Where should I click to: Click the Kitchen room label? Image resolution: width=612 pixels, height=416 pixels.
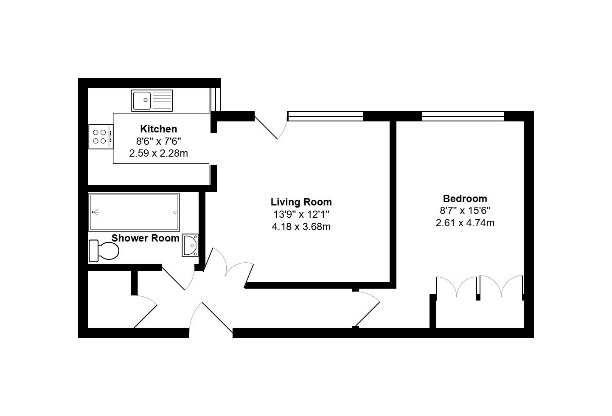[x=158, y=129]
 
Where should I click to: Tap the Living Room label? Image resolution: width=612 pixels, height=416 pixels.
[x=301, y=202]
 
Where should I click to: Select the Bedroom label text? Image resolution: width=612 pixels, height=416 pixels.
[x=465, y=199]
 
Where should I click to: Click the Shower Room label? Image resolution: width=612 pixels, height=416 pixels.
[x=145, y=239]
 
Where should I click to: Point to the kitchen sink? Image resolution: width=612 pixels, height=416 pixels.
[x=152, y=101]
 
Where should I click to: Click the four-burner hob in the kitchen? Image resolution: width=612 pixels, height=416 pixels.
[x=101, y=137]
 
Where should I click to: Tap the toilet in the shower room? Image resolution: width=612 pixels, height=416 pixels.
[x=104, y=251]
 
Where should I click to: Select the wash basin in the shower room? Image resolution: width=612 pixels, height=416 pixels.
[x=190, y=245]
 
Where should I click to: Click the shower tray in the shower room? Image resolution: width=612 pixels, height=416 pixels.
[x=134, y=212]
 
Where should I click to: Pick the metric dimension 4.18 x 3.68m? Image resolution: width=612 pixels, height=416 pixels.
[x=301, y=227]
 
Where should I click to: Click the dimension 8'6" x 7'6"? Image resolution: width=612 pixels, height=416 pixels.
[x=158, y=141]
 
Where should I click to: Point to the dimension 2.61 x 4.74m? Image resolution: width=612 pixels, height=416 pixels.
[x=465, y=223]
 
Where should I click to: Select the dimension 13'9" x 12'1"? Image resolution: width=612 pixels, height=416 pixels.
[x=301, y=214]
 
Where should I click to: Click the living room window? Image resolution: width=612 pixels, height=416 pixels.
[x=326, y=116]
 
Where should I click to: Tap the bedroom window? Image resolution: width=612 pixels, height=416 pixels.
[x=463, y=116]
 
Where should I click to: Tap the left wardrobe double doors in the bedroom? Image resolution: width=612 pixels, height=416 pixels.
[x=458, y=287]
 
